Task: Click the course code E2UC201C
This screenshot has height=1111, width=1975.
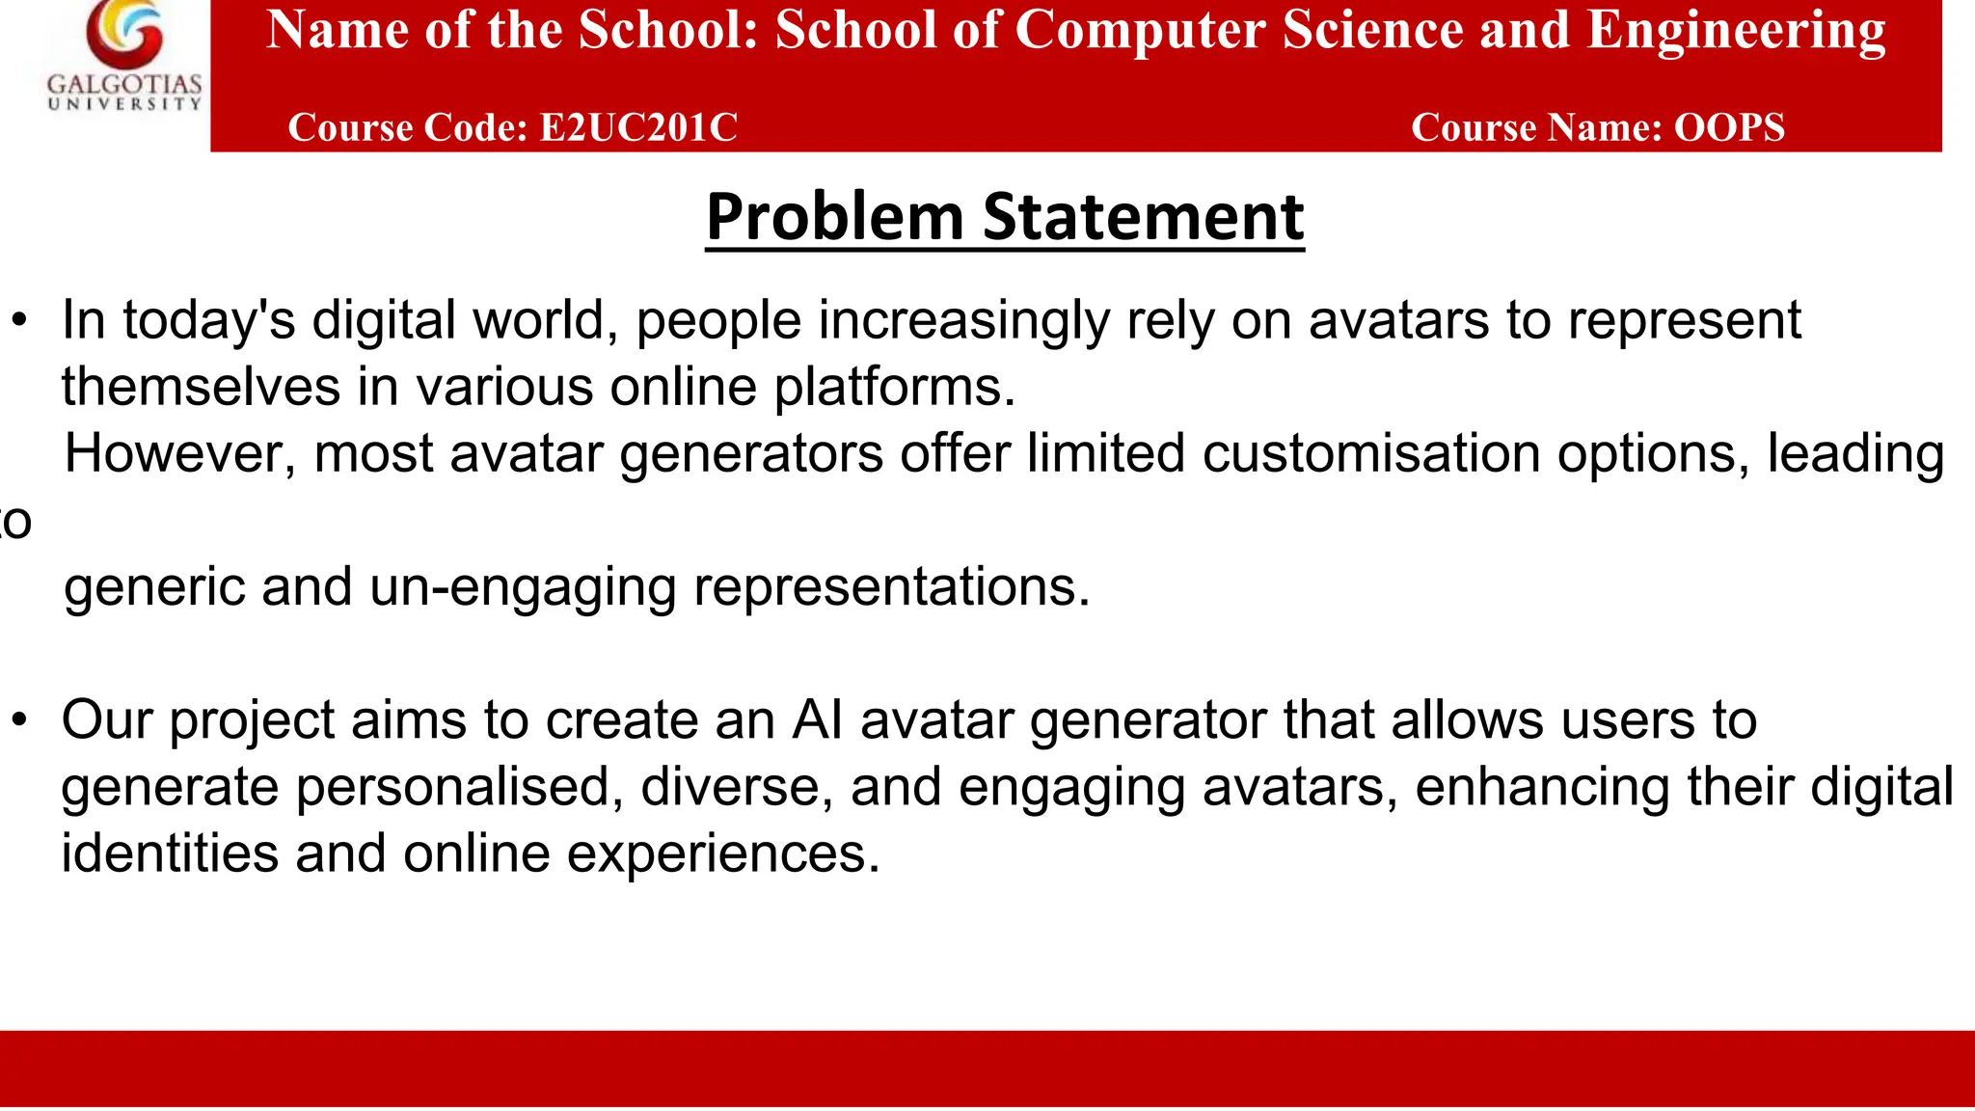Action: click(x=638, y=128)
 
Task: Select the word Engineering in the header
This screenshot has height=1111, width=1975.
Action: click(x=1736, y=31)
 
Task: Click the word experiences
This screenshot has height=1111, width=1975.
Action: click(x=723, y=854)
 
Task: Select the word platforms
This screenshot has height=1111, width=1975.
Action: click(x=894, y=388)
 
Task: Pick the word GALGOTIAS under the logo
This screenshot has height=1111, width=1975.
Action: click(x=124, y=85)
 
